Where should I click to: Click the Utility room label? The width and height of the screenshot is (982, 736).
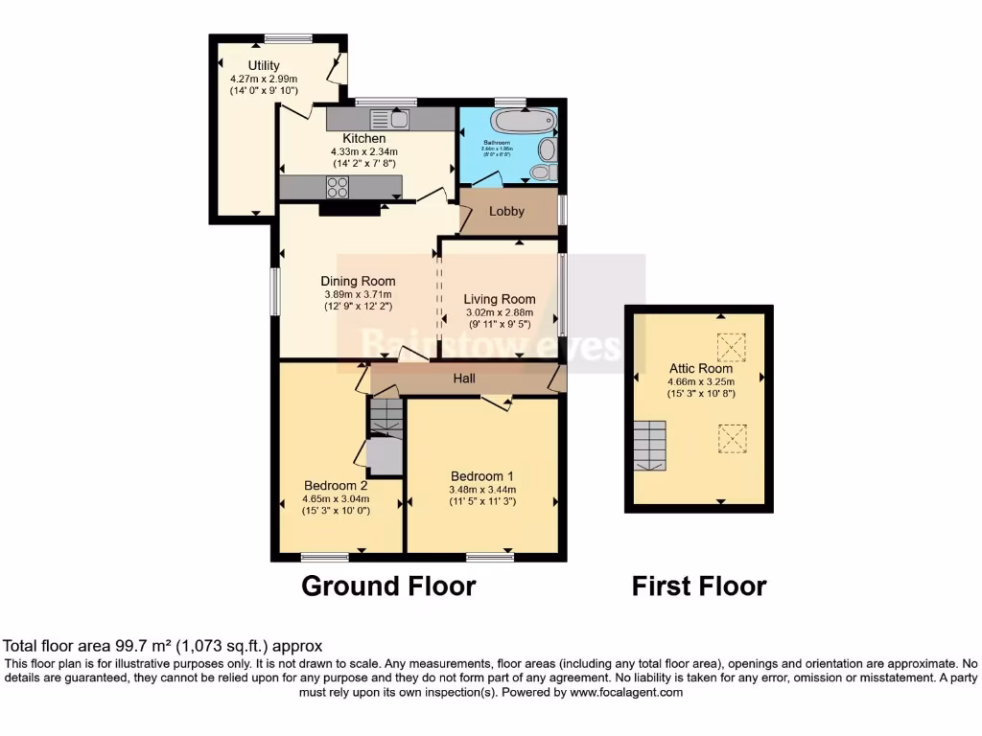264,66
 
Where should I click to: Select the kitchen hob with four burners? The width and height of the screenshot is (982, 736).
337,187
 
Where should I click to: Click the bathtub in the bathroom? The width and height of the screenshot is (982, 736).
523,122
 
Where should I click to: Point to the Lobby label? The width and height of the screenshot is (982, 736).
506,211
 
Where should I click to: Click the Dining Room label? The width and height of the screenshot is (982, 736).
358,281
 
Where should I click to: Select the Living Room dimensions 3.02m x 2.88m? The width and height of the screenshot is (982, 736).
499,312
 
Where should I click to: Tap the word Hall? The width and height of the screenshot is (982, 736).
465,379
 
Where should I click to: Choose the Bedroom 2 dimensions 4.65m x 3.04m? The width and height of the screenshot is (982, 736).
336,498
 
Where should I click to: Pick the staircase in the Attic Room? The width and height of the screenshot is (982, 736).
650,446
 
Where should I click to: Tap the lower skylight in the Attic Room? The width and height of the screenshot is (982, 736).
732,438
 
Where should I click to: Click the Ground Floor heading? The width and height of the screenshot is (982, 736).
388,586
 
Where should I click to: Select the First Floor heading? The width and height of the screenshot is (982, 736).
699,586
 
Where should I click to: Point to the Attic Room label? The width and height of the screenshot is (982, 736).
701,368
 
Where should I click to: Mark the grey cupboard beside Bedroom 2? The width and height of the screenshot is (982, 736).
385,456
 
